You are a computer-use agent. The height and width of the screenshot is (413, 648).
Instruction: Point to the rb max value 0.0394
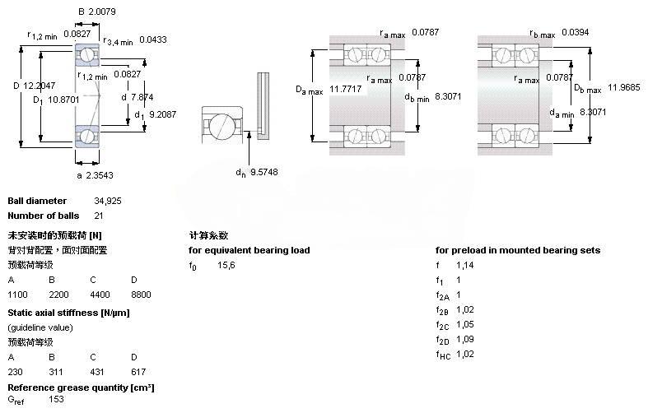coord(577,32)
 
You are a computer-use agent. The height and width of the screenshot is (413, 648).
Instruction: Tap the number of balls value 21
coord(75,216)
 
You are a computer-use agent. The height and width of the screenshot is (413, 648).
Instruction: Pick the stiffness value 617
coord(138,372)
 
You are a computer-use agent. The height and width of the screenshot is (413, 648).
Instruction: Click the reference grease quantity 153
coord(57,400)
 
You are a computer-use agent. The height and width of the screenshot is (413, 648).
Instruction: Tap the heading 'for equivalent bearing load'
coord(249,250)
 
